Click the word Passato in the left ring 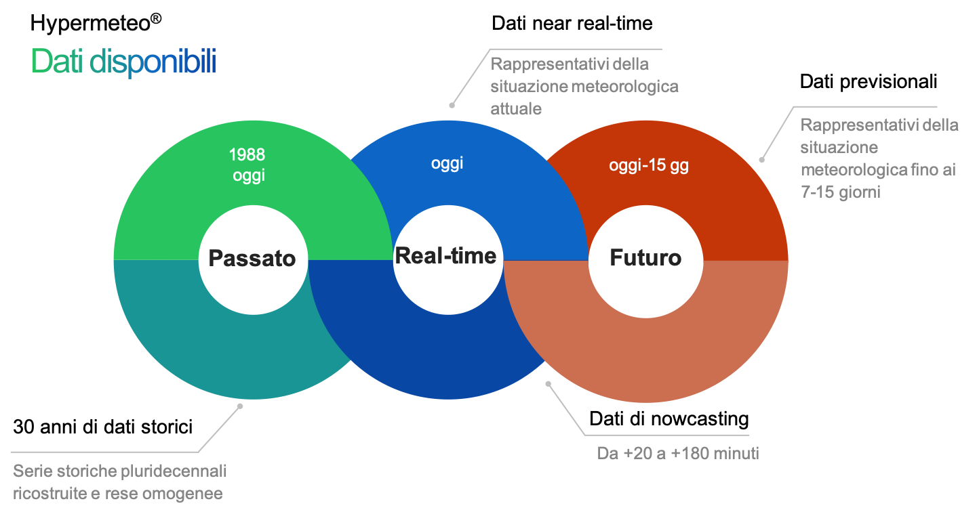coord(252,259)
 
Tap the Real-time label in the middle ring coord(446,255)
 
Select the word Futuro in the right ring coord(645,258)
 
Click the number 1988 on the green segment coord(247,154)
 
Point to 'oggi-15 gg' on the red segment coord(649,166)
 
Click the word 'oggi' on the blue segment coord(447,164)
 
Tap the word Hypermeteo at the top coord(89,24)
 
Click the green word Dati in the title coord(58,62)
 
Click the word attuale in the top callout coord(516,109)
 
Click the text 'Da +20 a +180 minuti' coord(678,453)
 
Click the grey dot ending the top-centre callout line coord(452,105)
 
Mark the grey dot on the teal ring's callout coord(239,406)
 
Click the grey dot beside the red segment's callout coord(761,161)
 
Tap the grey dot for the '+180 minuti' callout coord(549,384)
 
